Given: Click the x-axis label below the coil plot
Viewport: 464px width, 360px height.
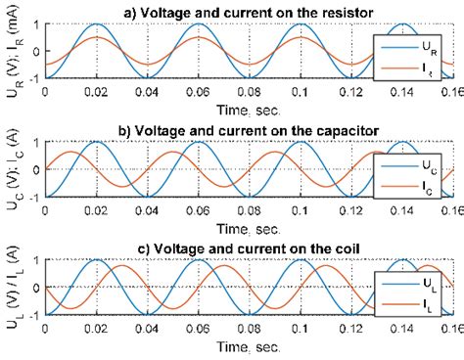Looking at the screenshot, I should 250,345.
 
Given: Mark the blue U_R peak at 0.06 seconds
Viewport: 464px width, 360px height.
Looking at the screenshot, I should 198,25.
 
